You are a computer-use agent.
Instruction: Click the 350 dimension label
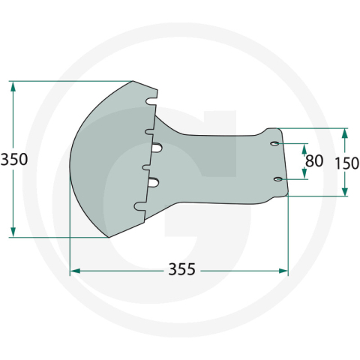point(14,160)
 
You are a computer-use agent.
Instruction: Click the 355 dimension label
point(181,269)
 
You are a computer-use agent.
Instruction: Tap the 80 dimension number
point(314,160)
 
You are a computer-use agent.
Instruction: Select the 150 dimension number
point(346,163)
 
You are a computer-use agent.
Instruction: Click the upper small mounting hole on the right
point(275,144)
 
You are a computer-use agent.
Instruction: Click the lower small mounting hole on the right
point(278,179)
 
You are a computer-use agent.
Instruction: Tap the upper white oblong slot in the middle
point(157,148)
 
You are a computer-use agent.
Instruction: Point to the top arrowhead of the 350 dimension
point(13,87)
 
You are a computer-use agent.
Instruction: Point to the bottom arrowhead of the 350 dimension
point(13,232)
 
